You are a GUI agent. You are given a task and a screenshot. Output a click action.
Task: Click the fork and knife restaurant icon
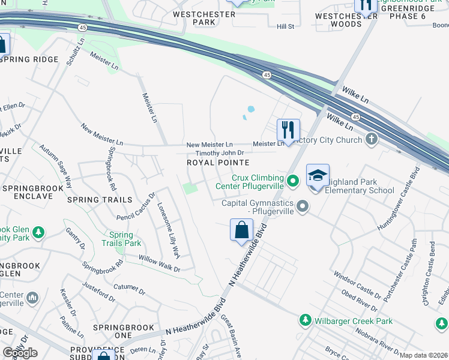coord(288,130)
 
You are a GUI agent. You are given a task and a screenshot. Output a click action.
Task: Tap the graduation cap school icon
coord(318,175)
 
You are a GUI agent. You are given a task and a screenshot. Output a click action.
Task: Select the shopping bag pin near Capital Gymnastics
coord(241,230)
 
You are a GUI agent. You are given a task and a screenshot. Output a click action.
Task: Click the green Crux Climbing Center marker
coord(292,180)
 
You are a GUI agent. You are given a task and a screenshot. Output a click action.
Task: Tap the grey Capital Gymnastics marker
coord(303,208)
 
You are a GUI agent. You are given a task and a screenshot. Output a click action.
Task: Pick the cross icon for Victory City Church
coord(372,140)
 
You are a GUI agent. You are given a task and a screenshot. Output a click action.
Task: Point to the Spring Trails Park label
coord(125,239)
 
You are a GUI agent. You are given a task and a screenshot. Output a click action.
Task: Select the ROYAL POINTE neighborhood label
coord(217,163)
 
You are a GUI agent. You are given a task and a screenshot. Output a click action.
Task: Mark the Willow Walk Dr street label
coord(160,265)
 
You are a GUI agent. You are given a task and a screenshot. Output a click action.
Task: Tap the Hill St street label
coord(285,27)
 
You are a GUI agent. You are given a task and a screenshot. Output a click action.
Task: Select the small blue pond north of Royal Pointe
coord(250,110)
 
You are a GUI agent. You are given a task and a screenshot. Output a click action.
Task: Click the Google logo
coord(20,353)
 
